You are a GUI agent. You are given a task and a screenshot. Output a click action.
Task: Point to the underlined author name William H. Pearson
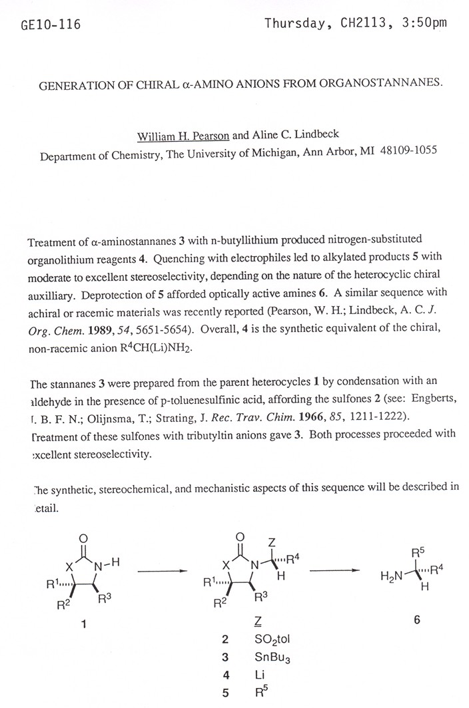coord(183,136)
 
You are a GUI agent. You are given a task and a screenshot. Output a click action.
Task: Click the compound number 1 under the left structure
coord(83,623)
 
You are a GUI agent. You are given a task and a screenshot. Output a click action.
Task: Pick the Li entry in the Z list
coord(260,674)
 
